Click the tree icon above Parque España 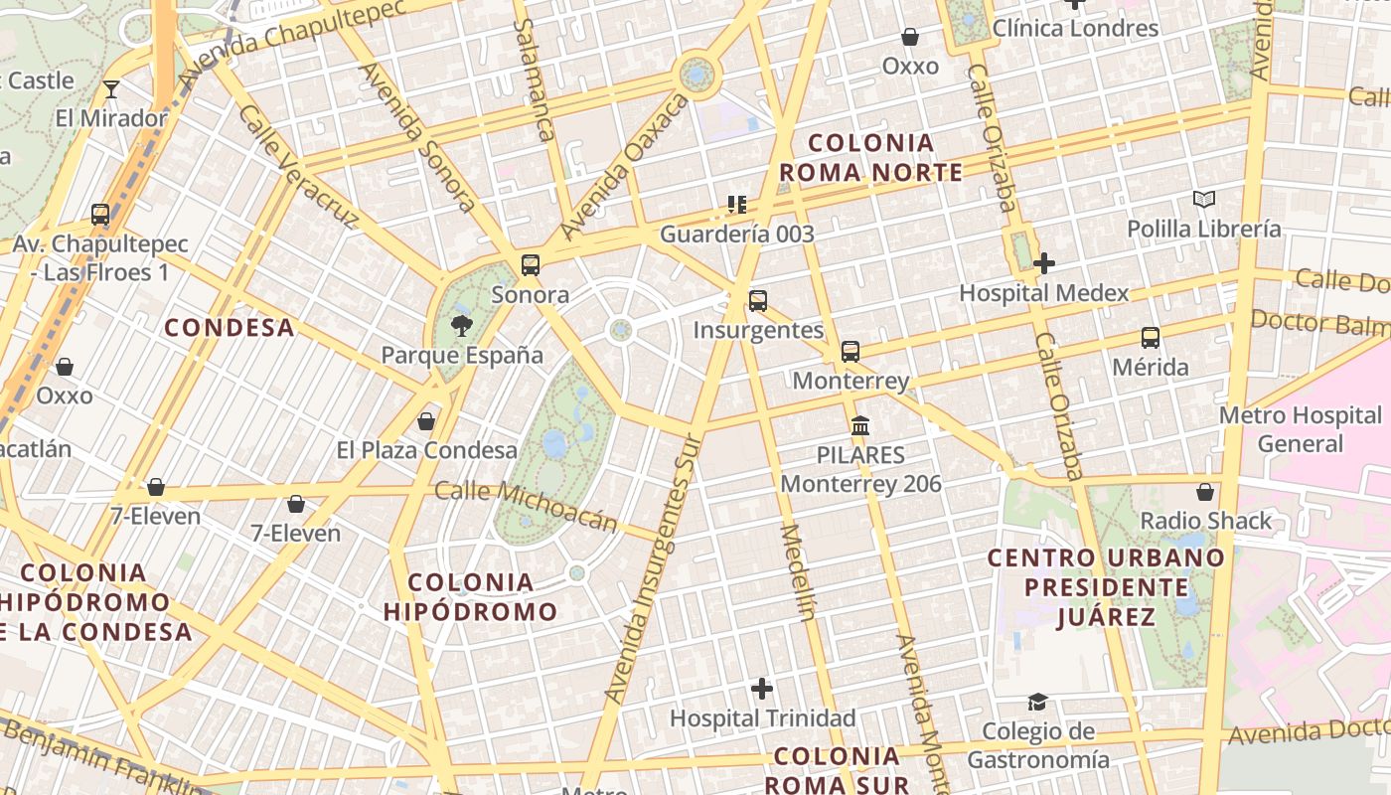tap(461, 325)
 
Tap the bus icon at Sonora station tap(531, 265)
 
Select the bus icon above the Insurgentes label tap(758, 300)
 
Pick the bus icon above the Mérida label tap(1151, 338)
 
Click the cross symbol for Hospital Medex tap(1044, 263)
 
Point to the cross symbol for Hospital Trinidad tap(762, 688)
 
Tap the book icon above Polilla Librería tap(1204, 200)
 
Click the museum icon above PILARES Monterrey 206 tap(860, 426)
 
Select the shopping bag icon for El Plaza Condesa tap(426, 421)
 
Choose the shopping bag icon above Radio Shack tap(1205, 492)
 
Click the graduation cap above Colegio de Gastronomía tap(1037, 702)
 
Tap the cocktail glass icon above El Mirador tap(111, 89)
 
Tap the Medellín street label tap(798, 571)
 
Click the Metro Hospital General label tap(1300, 429)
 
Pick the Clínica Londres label tap(1075, 28)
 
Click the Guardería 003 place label tap(737, 235)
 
